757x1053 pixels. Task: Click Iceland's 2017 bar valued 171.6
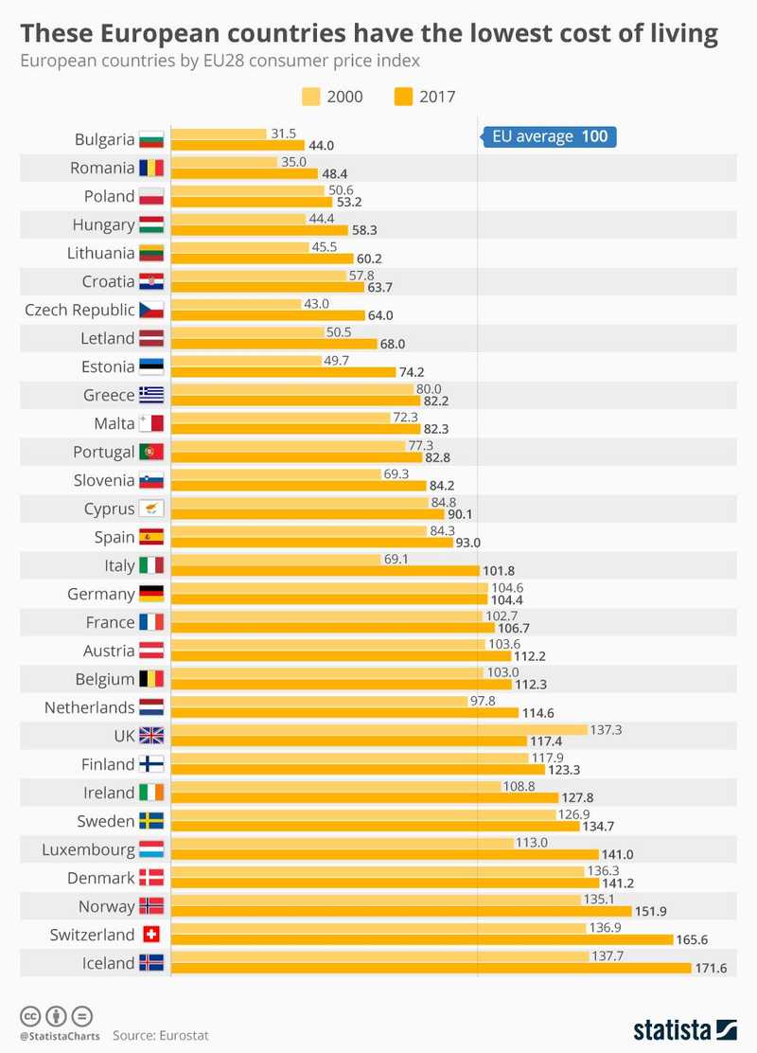(431, 969)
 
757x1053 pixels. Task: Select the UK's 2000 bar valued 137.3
(378, 729)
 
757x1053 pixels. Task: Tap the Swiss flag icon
(151, 935)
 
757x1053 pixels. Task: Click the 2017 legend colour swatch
(404, 96)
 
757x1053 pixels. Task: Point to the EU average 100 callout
(549, 136)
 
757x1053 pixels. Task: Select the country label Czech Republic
(80, 310)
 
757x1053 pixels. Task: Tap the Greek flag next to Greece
(151, 395)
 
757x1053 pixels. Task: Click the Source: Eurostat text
(160, 1036)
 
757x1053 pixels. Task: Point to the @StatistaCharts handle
(58, 1036)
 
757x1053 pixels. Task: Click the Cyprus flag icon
(151, 509)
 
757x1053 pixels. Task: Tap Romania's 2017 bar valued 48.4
(243, 173)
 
